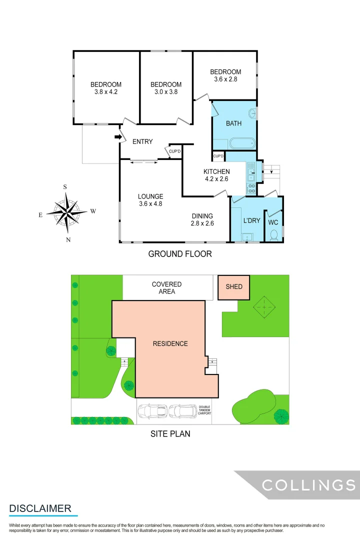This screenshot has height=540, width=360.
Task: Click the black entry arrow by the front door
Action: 118,136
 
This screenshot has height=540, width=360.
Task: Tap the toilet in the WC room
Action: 273,234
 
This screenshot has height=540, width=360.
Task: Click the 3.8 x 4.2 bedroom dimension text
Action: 106,92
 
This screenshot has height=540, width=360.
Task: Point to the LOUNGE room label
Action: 151,196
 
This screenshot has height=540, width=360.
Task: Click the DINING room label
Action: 202,216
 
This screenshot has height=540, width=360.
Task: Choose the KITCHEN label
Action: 216,171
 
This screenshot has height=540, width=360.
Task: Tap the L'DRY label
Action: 251,220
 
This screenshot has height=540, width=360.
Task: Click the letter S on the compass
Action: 65,186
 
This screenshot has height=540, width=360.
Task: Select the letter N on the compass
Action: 68,240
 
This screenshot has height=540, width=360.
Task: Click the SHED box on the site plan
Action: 234,287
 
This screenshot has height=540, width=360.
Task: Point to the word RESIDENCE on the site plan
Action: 170,343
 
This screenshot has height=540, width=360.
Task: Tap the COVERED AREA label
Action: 167,287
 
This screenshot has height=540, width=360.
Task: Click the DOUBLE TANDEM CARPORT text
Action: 205,410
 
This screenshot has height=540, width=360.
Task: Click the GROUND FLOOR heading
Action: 180,254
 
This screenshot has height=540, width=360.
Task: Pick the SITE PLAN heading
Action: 170,433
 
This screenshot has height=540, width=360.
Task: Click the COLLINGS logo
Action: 308,484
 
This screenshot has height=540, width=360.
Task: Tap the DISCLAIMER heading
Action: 40,508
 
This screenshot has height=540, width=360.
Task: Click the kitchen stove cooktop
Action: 251,188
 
